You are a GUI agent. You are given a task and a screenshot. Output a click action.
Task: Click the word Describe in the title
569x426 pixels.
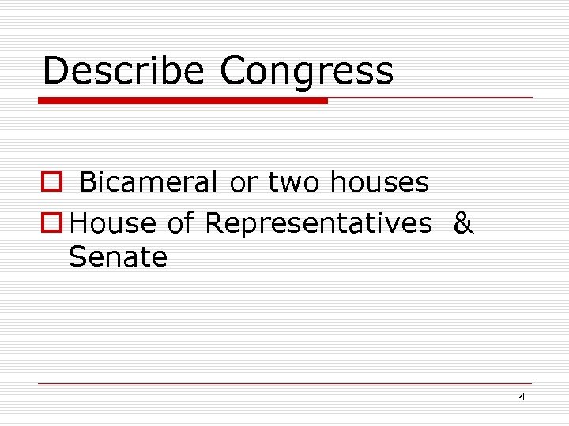tap(124, 71)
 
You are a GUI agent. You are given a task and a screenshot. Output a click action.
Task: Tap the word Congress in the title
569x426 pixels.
tap(307, 71)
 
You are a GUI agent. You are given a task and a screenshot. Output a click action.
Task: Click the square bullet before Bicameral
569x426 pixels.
tap(51, 183)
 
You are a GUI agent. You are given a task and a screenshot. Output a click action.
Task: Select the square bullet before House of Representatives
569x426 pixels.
tap(51, 223)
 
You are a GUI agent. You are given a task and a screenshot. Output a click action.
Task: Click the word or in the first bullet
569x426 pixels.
tap(243, 183)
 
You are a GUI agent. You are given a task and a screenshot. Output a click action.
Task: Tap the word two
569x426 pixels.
tap(294, 183)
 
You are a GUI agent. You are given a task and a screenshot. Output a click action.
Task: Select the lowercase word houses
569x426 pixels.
tap(379, 183)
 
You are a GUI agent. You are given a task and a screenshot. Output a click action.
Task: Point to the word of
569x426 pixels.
tap(181, 223)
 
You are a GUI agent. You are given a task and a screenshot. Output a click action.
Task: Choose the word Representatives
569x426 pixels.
tap(318, 223)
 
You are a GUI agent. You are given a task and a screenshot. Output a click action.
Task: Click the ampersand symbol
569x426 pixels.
tap(464, 223)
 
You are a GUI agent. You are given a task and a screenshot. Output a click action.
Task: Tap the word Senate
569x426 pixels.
tap(118, 257)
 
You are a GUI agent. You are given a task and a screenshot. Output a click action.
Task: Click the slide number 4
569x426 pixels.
tap(522, 397)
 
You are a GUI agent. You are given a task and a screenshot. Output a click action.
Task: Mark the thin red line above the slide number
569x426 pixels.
tap(284, 384)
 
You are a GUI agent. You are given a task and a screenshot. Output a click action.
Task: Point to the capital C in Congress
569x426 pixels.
tap(235, 71)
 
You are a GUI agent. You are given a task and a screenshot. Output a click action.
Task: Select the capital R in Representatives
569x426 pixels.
tap(214, 223)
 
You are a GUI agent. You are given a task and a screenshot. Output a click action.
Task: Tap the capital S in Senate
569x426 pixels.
tap(77, 257)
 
